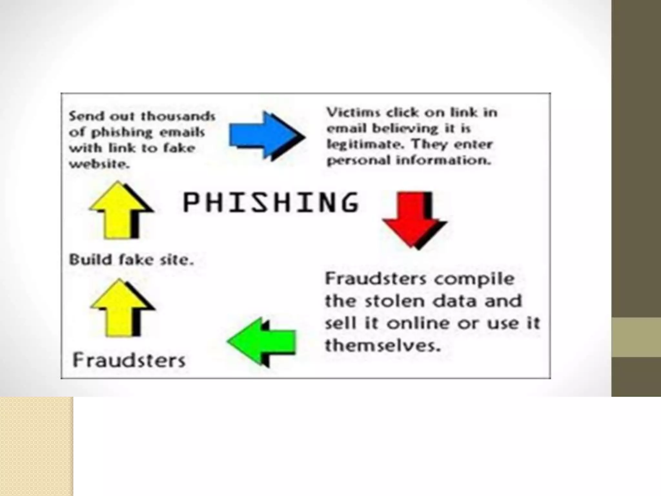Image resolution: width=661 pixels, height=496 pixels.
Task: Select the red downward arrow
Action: (412, 218)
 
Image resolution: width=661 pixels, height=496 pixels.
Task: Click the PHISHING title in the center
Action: (270, 202)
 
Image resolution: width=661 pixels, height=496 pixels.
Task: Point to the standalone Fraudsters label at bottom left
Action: (129, 360)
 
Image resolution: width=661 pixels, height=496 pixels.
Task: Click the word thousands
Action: (178, 116)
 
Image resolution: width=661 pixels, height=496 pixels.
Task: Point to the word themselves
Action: (383, 346)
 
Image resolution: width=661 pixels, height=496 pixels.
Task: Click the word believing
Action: (405, 129)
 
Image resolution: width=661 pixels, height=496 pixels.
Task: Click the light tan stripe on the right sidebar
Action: (636, 337)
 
